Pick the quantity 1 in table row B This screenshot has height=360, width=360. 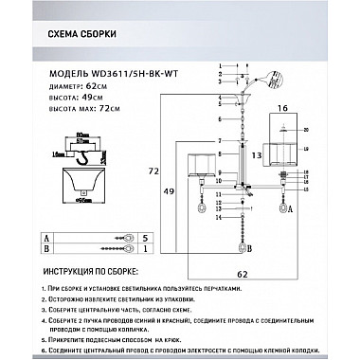point(145,250)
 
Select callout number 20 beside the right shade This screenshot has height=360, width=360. point(306,128)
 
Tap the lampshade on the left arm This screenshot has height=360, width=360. point(202,164)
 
